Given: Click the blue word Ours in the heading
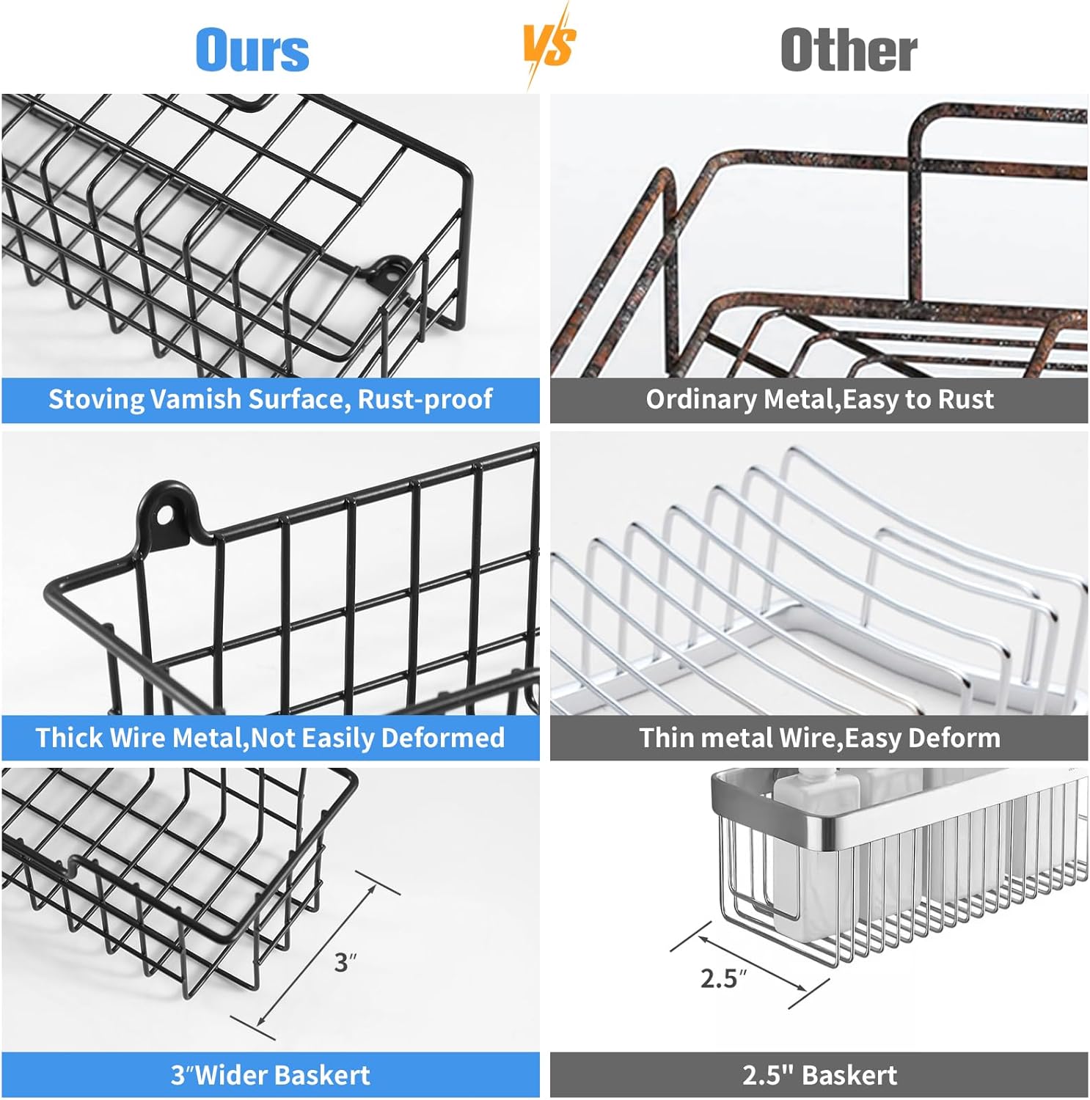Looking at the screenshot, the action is click(x=252, y=50).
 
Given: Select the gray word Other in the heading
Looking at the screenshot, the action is click(x=849, y=50).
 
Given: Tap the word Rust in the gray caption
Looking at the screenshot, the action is click(x=965, y=399).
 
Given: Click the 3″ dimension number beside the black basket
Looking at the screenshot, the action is click(x=345, y=962).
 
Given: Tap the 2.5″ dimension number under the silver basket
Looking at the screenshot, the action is click(x=723, y=978).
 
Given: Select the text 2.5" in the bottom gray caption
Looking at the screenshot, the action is click(x=768, y=1076).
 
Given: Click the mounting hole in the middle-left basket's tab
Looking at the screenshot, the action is click(x=166, y=517).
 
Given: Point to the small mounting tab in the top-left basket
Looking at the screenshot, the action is click(x=389, y=271).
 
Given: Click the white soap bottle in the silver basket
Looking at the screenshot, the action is click(x=815, y=843).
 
